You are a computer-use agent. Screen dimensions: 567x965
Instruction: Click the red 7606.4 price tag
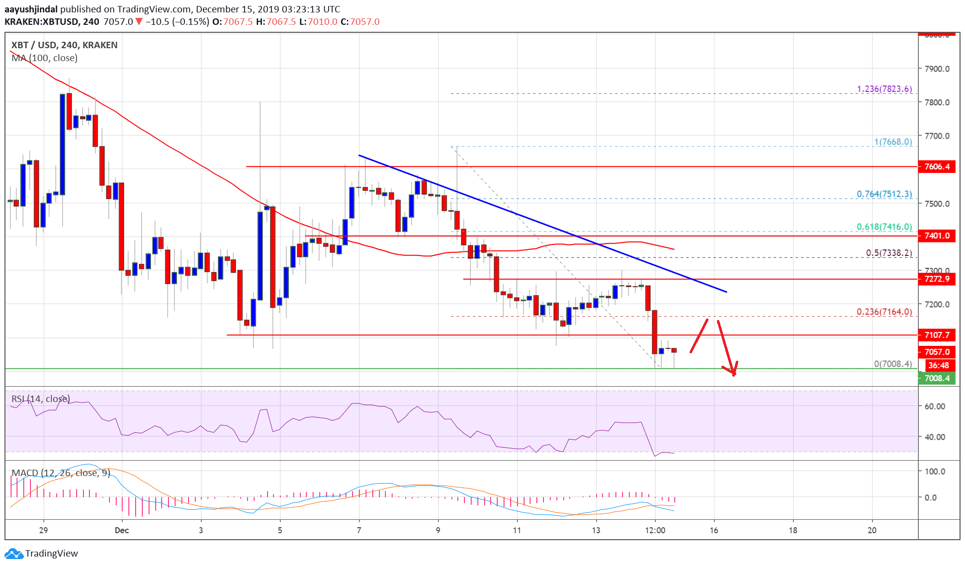937,166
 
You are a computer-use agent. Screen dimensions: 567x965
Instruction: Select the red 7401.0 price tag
937,236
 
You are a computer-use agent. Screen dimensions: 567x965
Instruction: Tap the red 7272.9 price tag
937,279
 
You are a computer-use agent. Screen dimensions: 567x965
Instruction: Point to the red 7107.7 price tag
937,335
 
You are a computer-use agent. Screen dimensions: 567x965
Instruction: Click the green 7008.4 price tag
937,378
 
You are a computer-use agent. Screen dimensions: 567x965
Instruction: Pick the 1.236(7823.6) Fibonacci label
884,89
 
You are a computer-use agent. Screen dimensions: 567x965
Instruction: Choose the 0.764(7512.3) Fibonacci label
884,194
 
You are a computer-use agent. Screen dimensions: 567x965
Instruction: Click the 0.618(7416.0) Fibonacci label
884,227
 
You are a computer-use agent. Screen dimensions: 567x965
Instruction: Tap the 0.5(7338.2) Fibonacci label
888,252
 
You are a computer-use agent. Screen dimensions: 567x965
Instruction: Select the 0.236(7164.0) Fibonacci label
884,312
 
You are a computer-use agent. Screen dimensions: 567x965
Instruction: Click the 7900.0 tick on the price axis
937,69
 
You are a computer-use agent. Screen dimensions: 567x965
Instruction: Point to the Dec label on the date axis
122,530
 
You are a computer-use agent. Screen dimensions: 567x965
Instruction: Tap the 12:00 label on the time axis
655,530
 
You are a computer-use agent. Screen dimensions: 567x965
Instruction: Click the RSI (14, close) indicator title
41,399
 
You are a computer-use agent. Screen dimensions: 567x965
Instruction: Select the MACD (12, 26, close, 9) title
61,473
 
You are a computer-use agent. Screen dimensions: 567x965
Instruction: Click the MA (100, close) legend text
44,58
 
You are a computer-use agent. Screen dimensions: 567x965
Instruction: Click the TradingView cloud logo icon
13,554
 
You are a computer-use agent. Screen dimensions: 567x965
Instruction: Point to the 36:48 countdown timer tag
938,365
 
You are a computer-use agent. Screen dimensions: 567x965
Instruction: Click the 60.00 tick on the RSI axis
934,406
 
